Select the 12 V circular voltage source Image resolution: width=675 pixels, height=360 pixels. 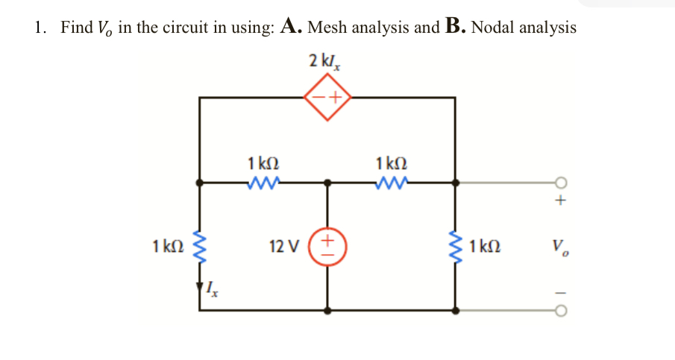pyautogui.click(x=327, y=245)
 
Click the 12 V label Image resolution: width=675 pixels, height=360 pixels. pyautogui.click(x=284, y=246)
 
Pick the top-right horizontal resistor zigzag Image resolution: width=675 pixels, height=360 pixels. pyautogui.click(x=392, y=181)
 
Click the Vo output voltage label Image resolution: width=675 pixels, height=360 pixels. pyautogui.click(x=559, y=245)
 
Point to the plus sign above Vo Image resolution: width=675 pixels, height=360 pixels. pyautogui.click(x=560, y=200)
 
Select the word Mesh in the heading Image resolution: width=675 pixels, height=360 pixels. pyautogui.click(x=327, y=28)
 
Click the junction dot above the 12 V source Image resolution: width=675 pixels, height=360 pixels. pyautogui.click(x=327, y=182)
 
